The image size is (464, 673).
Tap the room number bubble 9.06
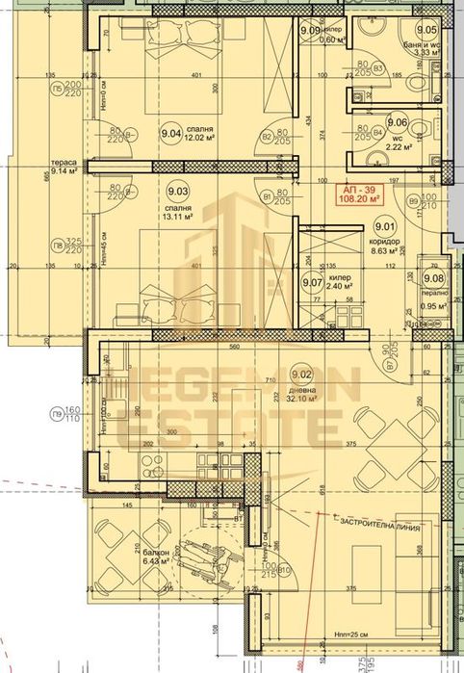pyautogui.click(x=397, y=122)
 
